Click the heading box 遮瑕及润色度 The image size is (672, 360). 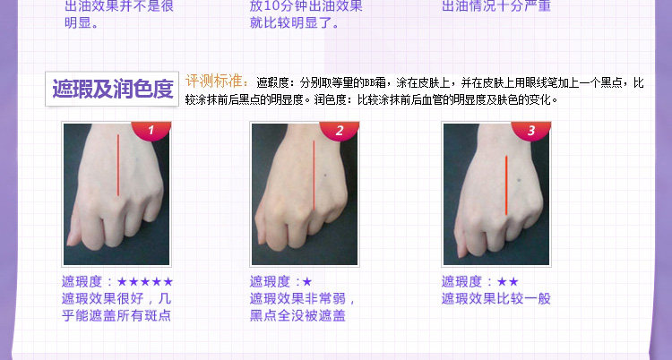112,89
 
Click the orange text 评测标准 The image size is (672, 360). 217,81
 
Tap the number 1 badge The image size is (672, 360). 151,130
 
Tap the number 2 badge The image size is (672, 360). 340,130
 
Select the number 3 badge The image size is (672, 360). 531,130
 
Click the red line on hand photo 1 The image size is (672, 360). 118,166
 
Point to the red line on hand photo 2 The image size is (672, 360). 314,175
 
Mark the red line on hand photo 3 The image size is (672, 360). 506,185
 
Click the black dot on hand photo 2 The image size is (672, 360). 325,175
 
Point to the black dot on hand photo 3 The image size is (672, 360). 519,180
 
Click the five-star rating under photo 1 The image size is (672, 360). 145,281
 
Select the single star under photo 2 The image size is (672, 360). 306,282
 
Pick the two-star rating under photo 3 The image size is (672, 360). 508,282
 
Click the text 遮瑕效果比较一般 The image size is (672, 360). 495,299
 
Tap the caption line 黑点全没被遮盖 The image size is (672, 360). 297,316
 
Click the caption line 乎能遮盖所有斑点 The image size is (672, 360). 116,315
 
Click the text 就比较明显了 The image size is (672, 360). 294,22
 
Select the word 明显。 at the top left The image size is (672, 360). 82,22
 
